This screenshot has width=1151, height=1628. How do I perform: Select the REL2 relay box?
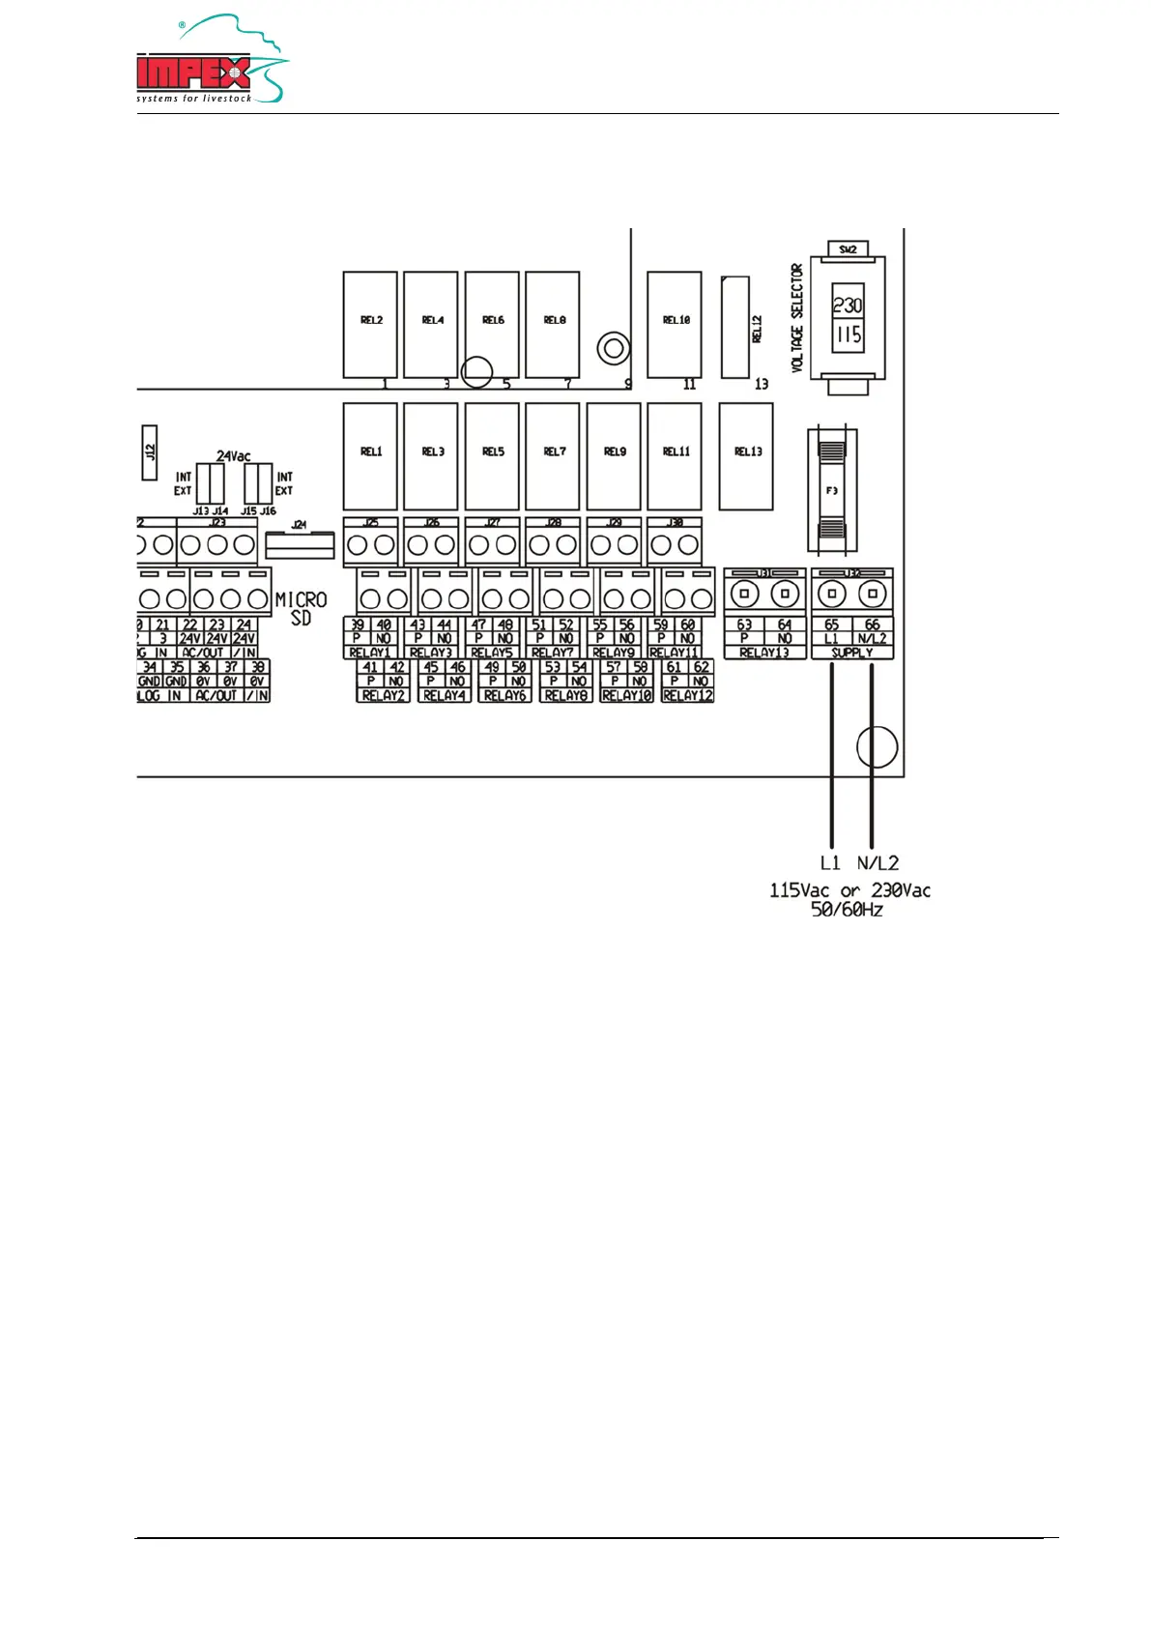point(370,324)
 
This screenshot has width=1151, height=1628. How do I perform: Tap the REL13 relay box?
point(746,455)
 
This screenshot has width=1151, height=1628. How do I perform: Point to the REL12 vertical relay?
point(735,328)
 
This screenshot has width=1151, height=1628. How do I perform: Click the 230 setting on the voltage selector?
point(848,305)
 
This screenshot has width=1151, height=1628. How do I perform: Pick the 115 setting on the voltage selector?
point(848,335)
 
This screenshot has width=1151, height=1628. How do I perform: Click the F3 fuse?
point(831,490)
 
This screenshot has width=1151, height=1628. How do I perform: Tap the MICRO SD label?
point(301,608)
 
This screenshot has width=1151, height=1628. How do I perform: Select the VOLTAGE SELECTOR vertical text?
point(797,318)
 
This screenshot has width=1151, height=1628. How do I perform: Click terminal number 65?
point(831,625)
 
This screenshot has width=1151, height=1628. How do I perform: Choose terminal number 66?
point(872,625)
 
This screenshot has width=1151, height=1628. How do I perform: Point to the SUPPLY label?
point(851,653)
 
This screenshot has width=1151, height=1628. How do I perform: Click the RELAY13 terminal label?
point(763,653)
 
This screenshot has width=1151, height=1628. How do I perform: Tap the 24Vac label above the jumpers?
point(233,455)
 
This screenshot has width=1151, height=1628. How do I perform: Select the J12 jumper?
point(150,451)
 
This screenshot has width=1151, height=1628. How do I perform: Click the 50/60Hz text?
point(847,910)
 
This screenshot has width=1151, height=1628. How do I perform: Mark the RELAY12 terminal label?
point(687,695)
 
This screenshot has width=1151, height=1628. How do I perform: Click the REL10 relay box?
point(675,324)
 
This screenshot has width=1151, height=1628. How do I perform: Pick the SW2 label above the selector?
point(848,249)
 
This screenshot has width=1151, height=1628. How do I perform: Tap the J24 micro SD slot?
point(300,544)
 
